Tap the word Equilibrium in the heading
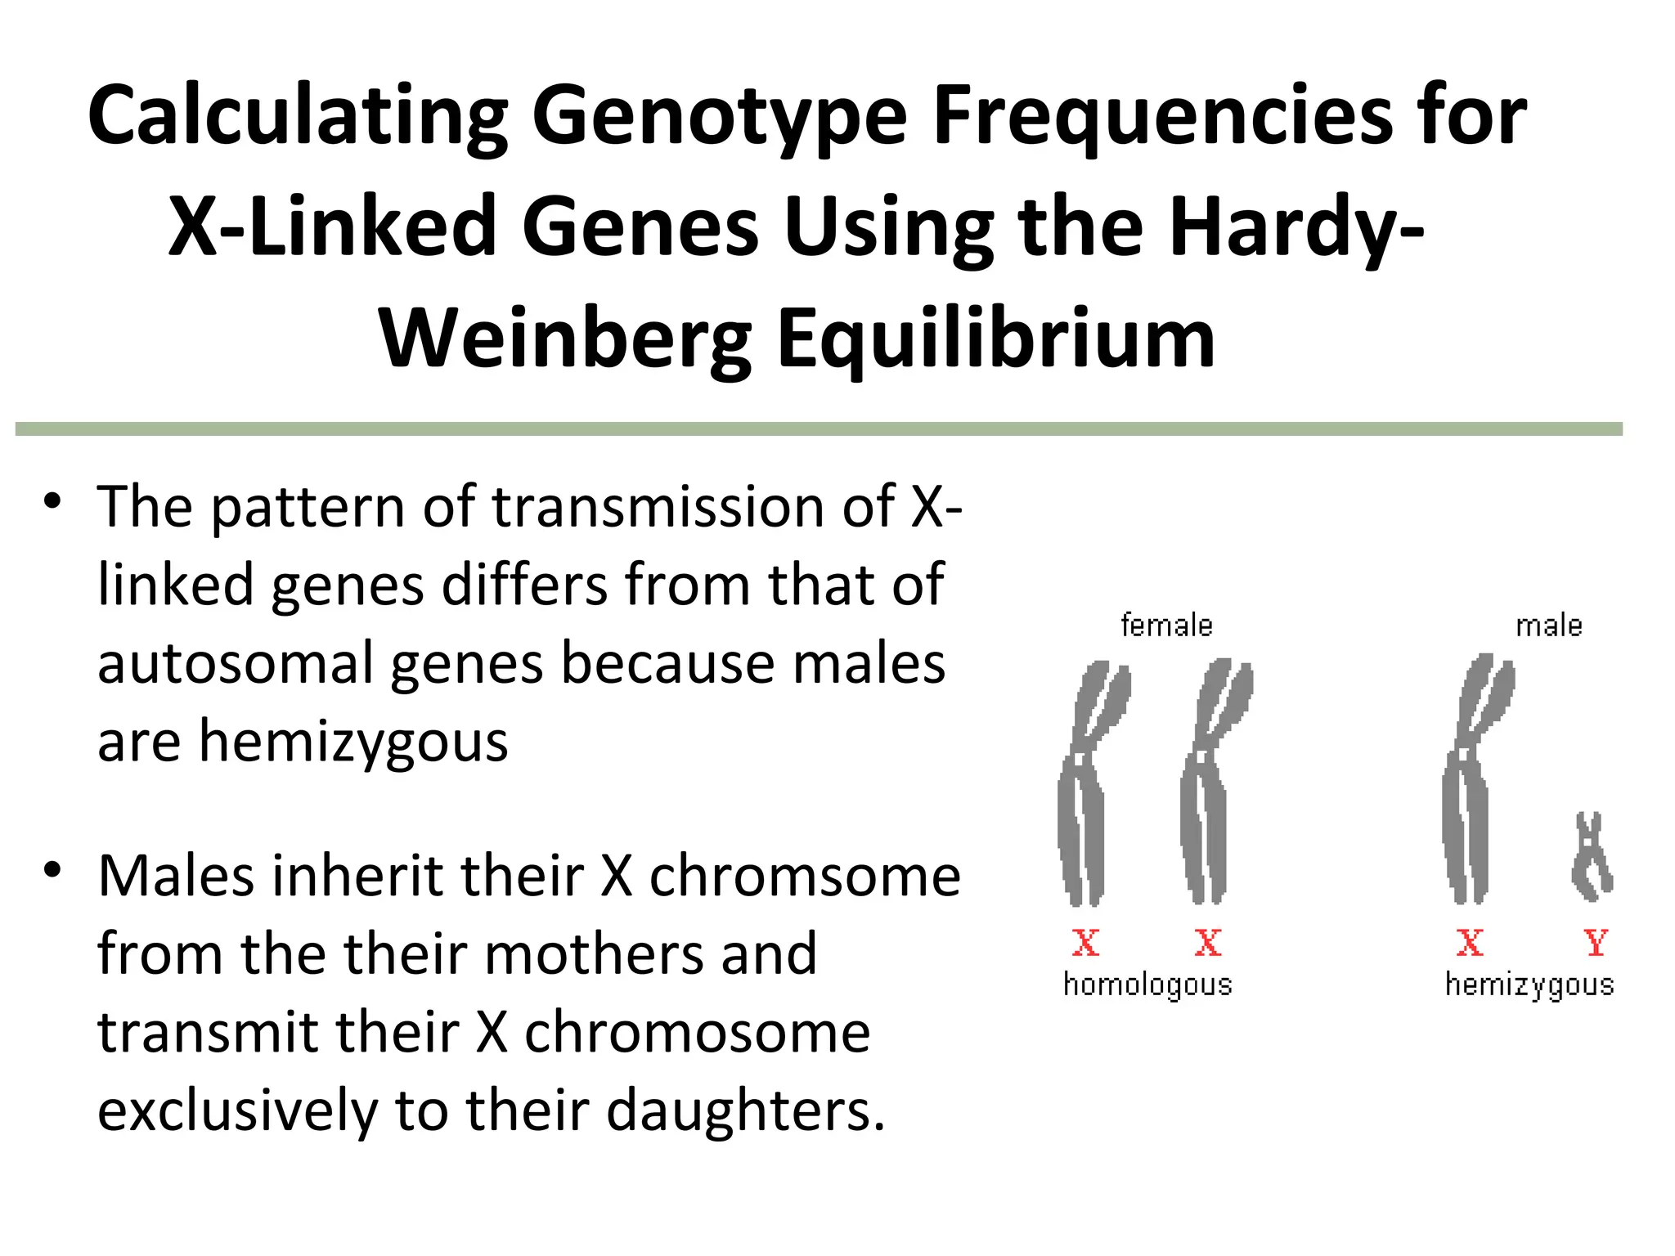(x=995, y=339)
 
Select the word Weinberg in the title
(x=565, y=339)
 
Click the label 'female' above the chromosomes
(x=1166, y=626)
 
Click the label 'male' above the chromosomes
(x=1549, y=626)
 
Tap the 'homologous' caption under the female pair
(x=1147, y=985)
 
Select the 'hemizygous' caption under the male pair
(x=1529, y=985)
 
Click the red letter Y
(x=1596, y=943)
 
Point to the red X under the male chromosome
(x=1470, y=943)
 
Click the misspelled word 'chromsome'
(x=805, y=876)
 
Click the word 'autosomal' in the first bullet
(x=236, y=662)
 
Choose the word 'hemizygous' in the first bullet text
(x=353, y=742)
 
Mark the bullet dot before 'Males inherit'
(x=53, y=869)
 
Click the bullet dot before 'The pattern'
(x=53, y=500)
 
